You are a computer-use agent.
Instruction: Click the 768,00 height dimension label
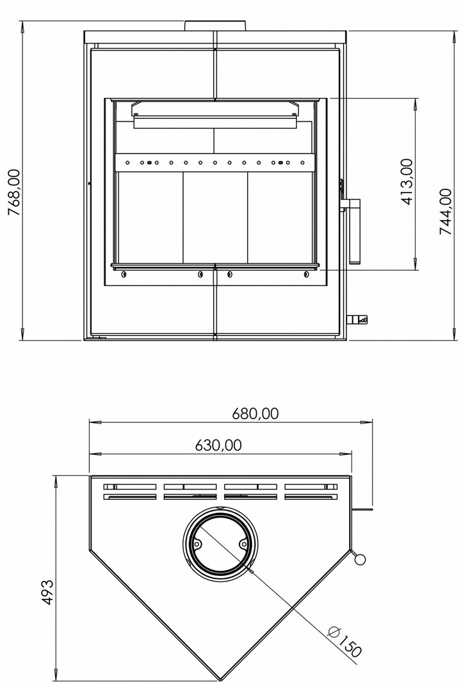point(15,192)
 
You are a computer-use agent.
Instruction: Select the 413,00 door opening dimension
point(407,182)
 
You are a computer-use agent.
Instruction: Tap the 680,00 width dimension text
point(256,413)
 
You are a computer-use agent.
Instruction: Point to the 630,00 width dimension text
point(218,445)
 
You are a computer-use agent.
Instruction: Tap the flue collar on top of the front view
point(215,26)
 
